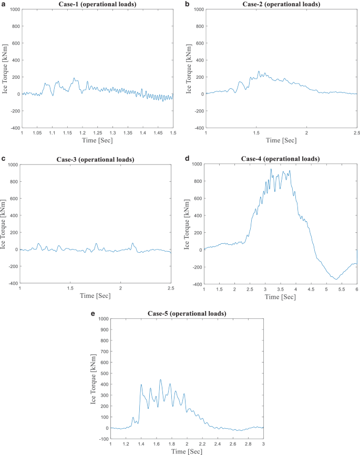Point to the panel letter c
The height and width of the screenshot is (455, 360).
click(x=4, y=159)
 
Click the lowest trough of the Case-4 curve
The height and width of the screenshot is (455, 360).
click(x=334, y=279)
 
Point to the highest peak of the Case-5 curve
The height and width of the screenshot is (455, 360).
click(x=161, y=379)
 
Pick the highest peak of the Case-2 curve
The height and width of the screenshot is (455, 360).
click(x=259, y=71)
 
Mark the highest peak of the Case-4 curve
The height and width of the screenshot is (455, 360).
click(x=271, y=169)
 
